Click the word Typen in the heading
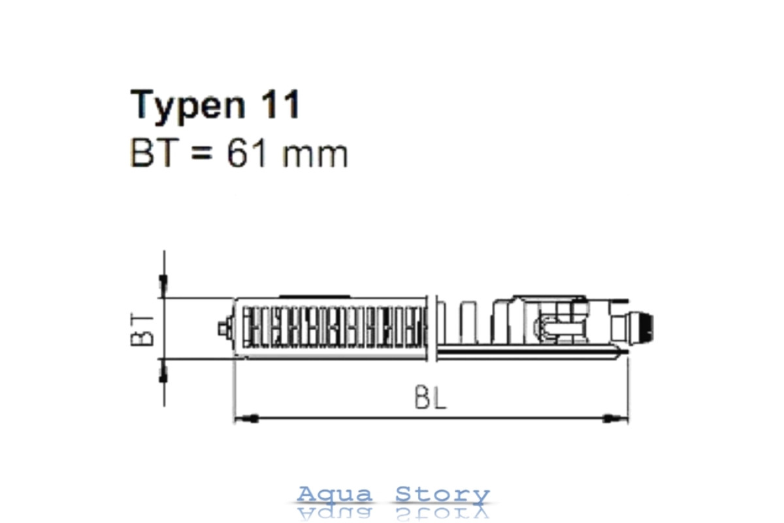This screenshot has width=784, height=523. pyautogui.click(x=188, y=105)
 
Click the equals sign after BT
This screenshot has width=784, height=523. pyautogui.click(x=202, y=153)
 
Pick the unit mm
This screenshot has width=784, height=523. pyautogui.click(x=315, y=156)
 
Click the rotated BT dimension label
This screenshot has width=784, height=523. pyautogui.click(x=142, y=330)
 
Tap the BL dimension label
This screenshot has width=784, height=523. pyautogui.click(x=430, y=397)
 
